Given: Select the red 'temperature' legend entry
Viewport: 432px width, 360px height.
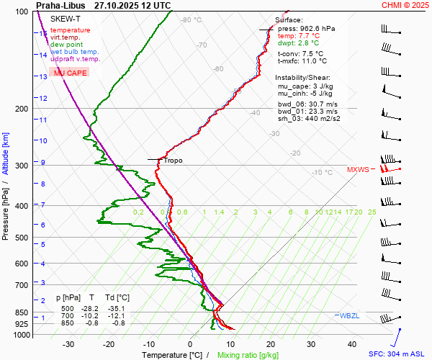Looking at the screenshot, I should click(71, 30).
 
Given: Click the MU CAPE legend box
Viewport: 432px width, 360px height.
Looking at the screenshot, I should click(71, 73).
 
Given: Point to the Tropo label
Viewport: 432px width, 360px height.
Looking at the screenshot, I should click(173, 160).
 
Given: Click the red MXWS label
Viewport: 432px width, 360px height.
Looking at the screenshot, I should click(358, 170).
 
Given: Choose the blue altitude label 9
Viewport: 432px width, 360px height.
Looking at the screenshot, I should click(43, 162).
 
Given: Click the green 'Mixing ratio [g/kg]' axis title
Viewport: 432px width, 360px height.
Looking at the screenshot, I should click(248, 355).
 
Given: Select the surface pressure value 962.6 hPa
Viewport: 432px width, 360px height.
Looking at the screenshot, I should click(317, 28).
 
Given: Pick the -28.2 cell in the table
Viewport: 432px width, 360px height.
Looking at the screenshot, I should click(92, 308).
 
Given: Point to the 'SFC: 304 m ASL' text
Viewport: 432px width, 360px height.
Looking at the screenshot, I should click(399, 354).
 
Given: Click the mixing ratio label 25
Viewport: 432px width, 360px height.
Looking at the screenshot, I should click(372, 212).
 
